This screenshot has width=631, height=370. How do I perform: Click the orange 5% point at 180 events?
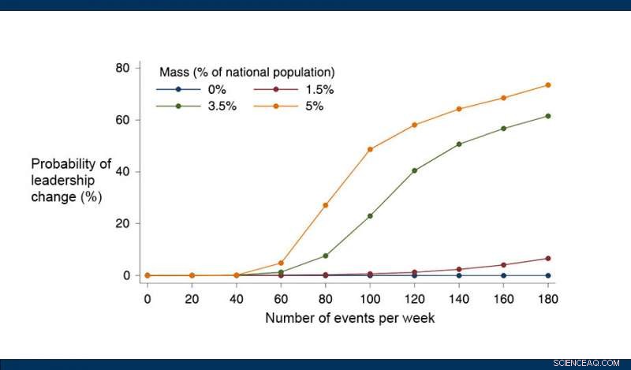pos(548,85)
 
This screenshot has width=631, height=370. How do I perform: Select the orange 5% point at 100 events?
pos(370,149)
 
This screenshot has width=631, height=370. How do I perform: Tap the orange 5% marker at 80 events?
pos(325,205)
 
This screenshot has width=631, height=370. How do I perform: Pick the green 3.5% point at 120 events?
pos(414,170)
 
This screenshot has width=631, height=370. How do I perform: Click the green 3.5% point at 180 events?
pos(548,116)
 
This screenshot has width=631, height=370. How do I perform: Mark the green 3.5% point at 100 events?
pos(370,215)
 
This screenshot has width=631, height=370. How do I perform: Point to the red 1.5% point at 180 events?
pos(548,258)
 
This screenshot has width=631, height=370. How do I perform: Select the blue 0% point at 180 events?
pos(548,275)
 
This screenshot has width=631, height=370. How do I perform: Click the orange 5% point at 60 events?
pos(281,263)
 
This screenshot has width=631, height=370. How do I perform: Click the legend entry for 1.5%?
pos(289,90)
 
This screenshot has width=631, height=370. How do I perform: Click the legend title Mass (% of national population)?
pos(247,73)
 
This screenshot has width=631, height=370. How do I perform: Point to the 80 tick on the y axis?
pos(122,68)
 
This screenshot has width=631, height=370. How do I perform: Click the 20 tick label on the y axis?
pos(122,223)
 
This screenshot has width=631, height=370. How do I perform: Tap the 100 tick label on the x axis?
pos(370,299)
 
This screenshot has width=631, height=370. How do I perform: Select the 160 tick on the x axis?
pos(503,299)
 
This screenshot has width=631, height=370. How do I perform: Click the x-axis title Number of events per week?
pos(349,319)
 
